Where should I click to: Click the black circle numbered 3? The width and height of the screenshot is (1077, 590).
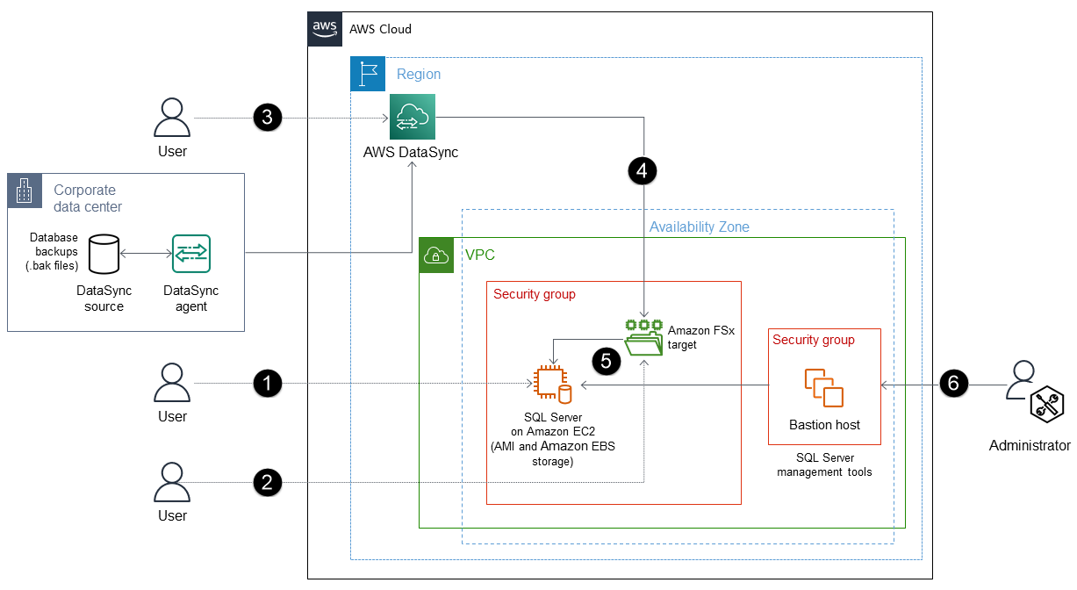[x=267, y=118]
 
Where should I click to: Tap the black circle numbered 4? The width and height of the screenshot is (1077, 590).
[x=643, y=170]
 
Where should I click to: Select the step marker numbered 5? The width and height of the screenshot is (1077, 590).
[x=607, y=361]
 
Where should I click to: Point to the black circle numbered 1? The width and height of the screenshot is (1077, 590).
[x=267, y=383]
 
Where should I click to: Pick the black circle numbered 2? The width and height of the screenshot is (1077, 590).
[x=267, y=481]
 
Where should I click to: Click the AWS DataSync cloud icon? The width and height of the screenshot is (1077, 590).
[x=413, y=117]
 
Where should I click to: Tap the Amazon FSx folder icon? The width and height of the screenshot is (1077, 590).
[x=645, y=338]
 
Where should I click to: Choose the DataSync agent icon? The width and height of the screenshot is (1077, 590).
[x=191, y=253]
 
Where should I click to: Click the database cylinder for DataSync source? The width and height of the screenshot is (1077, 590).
[x=104, y=253]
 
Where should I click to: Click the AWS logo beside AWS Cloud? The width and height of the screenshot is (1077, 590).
[x=325, y=29]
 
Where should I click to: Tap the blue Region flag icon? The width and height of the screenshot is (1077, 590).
[x=368, y=74]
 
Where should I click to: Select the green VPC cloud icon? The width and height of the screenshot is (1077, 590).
[x=436, y=255]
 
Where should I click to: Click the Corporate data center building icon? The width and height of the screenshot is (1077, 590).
[x=25, y=191]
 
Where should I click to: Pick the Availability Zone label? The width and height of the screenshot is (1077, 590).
[x=699, y=227]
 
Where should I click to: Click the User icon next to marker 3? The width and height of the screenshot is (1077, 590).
[x=172, y=119]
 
